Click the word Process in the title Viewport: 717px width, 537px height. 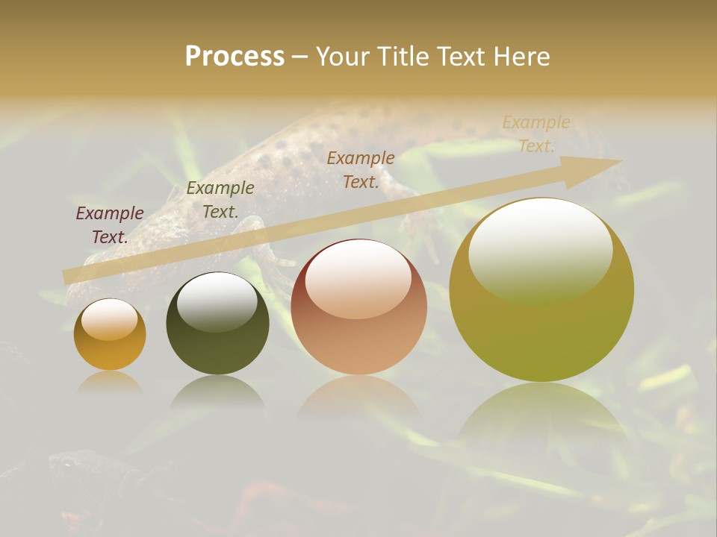pos(235,57)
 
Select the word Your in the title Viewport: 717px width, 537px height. pos(344,57)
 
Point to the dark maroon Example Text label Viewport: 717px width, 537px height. pos(110,225)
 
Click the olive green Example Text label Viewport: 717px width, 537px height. pos(220,200)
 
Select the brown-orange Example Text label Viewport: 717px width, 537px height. pos(361,170)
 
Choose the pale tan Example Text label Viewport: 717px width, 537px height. pos(536,134)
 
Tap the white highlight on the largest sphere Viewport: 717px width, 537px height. pos(540,250)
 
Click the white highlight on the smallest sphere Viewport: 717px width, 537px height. pos(109,319)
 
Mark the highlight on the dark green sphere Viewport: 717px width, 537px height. pos(217,301)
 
